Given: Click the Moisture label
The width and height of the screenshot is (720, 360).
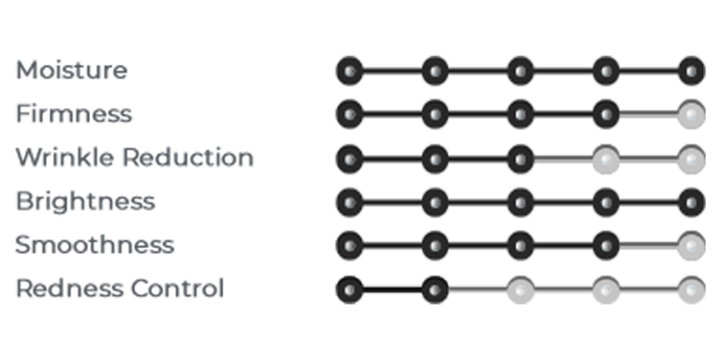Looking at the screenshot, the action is [x=71, y=70].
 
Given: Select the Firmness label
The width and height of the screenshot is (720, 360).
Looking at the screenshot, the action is [x=74, y=113].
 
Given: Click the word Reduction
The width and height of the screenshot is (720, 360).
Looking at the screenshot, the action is [x=187, y=157].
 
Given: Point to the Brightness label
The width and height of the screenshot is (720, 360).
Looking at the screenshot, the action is [x=85, y=202].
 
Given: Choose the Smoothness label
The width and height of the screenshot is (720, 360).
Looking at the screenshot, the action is [x=95, y=245].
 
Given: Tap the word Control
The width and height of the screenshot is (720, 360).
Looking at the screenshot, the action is [x=177, y=289].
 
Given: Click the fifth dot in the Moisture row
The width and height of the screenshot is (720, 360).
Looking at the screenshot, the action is [x=692, y=71].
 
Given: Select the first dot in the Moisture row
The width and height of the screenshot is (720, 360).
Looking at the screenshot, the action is [x=350, y=71].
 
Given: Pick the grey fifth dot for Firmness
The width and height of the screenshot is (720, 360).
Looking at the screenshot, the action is [x=692, y=114].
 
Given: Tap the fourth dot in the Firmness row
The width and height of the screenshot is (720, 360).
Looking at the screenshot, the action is [x=607, y=114].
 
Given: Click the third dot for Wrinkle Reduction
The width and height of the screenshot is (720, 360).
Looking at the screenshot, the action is [x=520, y=158].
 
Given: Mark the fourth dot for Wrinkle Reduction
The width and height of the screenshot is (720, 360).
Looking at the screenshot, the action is [x=607, y=158].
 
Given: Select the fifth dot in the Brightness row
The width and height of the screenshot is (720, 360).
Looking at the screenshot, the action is [x=692, y=202].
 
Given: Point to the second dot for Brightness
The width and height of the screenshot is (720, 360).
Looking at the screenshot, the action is [x=435, y=202].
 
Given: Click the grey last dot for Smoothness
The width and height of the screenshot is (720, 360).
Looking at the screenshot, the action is [x=692, y=246].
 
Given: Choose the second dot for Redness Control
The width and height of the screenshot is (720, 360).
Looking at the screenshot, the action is [x=435, y=290].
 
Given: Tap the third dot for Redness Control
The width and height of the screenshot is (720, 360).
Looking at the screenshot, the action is [x=520, y=290].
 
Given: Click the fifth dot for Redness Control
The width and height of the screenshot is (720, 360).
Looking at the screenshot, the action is [x=692, y=290].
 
